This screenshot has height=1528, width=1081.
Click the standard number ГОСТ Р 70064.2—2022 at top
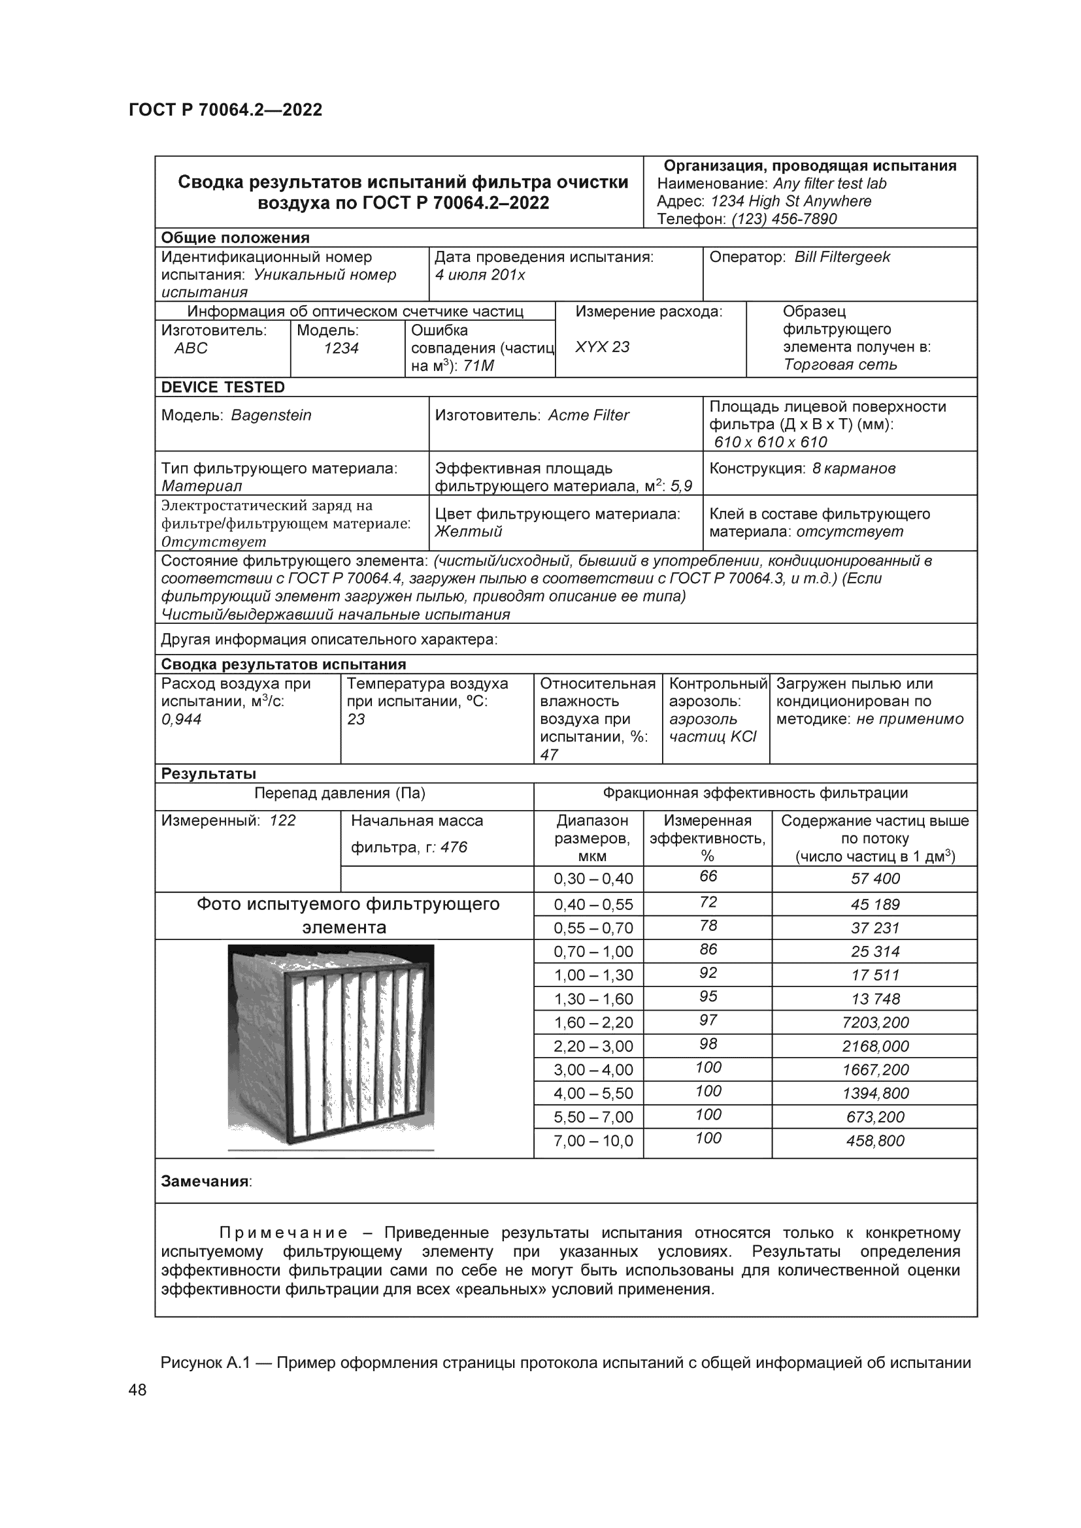(225, 110)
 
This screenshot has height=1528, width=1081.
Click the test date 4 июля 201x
(480, 275)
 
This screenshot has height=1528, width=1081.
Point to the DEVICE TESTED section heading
(222, 387)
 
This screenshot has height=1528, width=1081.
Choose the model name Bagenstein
(271, 415)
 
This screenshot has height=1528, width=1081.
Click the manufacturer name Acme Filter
(588, 415)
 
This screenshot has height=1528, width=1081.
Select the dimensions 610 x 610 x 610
(770, 442)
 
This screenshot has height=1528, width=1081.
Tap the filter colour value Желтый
(468, 532)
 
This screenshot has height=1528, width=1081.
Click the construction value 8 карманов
(854, 468)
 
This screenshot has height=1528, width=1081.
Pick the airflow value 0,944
(181, 719)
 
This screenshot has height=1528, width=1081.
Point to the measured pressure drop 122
(282, 821)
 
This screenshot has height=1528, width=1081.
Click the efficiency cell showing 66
(708, 877)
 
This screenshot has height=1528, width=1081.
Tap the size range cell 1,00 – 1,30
(593, 975)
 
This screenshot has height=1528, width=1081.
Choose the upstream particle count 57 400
(874, 879)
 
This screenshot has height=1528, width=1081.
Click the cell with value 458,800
(874, 1141)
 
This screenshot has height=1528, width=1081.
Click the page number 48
(138, 1390)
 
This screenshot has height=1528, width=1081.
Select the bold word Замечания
(205, 1181)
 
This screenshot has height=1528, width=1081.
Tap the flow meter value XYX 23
(602, 347)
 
